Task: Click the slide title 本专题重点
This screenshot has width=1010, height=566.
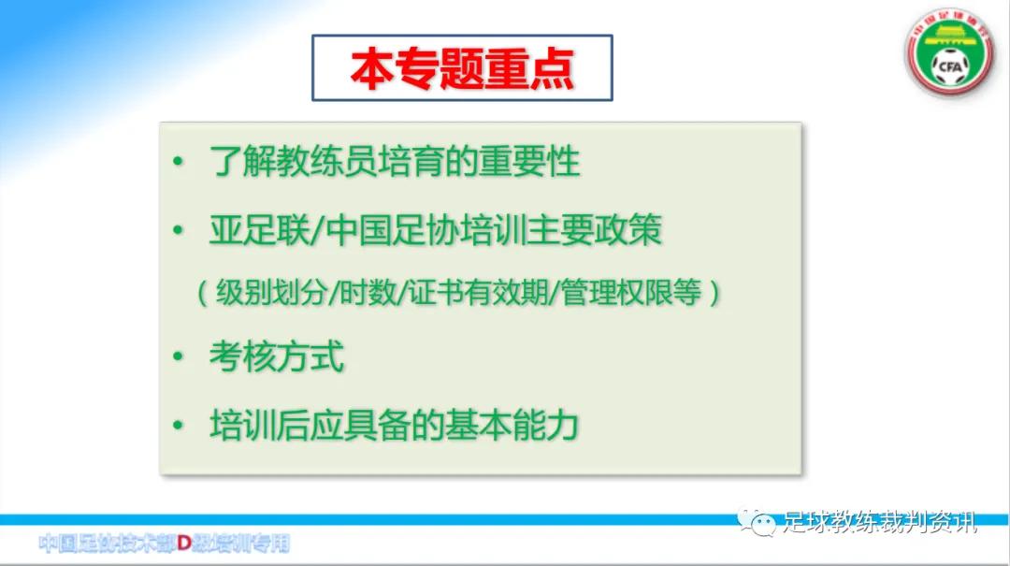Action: pyautogui.click(x=462, y=68)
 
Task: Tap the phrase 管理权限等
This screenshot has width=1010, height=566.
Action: pyautogui.click(x=630, y=293)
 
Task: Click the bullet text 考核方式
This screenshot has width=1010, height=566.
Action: pyautogui.click(x=277, y=357)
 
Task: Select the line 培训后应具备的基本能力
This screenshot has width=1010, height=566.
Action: pyautogui.click(x=394, y=426)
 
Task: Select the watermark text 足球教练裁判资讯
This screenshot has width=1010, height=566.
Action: pyautogui.click(x=880, y=521)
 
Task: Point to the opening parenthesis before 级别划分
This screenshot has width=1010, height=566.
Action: pyautogui.click(x=201, y=293)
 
